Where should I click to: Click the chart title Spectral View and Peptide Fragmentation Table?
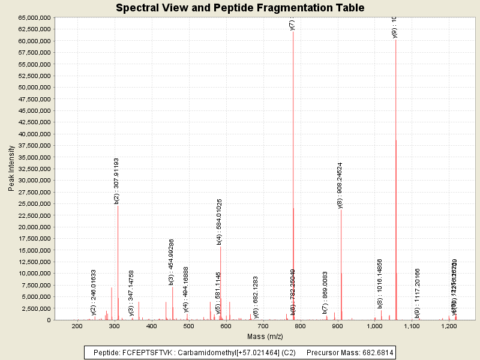tap(240, 8)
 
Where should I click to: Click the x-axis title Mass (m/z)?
tap(264, 337)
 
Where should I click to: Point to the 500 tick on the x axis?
tap(188, 326)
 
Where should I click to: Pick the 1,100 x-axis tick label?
tap(412, 326)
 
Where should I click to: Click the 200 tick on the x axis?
tap(77, 326)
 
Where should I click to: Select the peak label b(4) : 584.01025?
tap(220, 222)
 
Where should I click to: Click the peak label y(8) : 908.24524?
tap(340, 185)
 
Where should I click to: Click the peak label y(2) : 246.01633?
tap(94, 292)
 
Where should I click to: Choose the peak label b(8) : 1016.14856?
tap(380, 283)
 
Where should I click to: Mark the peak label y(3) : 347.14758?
tap(131, 293)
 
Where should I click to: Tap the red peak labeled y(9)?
tap(396, 180)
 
